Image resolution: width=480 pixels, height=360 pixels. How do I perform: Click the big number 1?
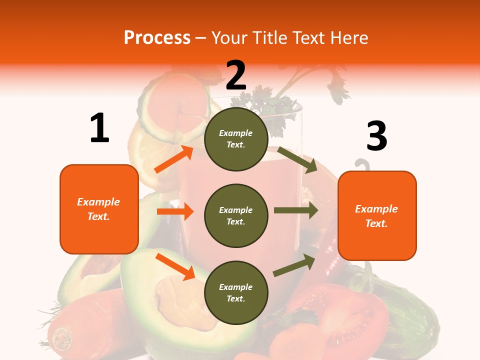[99, 128]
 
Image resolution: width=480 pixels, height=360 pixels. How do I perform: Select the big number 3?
[376, 136]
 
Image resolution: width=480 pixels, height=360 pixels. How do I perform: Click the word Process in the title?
[157, 37]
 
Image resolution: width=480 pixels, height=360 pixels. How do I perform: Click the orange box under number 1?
[99, 209]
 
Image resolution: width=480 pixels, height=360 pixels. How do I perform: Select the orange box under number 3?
[377, 216]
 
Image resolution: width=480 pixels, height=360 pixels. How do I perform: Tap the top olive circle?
[236, 139]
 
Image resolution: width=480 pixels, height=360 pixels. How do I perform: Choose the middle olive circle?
[236, 216]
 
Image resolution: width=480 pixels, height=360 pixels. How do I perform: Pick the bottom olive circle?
[236, 293]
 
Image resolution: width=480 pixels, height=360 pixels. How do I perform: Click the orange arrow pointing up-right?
[173, 159]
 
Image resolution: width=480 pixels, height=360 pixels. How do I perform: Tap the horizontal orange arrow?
[175, 212]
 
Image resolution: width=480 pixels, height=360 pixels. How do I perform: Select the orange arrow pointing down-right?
[175, 266]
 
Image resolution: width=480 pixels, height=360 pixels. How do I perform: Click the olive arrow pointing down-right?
[297, 159]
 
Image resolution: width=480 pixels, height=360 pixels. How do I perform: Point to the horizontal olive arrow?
[296, 210]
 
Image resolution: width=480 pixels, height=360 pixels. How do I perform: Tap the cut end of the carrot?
[62, 338]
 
